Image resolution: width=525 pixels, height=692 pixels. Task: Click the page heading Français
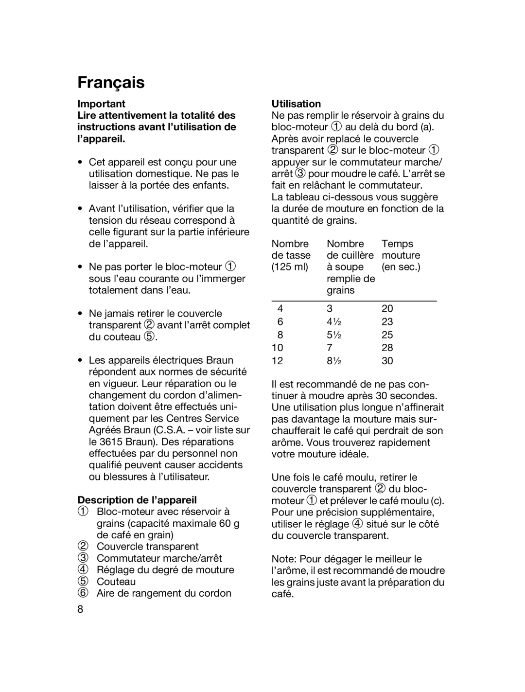click(111, 83)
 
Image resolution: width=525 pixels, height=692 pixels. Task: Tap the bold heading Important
click(101, 104)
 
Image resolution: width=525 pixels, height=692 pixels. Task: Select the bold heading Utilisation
click(296, 104)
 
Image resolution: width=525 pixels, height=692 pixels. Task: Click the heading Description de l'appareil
click(137, 500)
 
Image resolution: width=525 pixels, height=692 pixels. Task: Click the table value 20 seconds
click(387, 308)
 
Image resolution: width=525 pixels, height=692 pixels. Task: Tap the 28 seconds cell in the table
click(387, 348)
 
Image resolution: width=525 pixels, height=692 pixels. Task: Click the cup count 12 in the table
click(277, 361)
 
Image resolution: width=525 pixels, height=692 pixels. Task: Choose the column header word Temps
click(397, 244)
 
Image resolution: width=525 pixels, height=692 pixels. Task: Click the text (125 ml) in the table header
click(290, 267)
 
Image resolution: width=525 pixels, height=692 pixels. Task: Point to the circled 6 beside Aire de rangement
click(83, 593)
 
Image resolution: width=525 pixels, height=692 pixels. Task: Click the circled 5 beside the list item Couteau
click(83, 582)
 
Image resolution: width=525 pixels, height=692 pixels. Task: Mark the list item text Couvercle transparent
click(147, 547)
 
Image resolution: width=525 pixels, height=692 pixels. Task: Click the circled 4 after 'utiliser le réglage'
click(358, 524)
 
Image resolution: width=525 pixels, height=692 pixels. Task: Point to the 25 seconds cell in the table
click(387, 335)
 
